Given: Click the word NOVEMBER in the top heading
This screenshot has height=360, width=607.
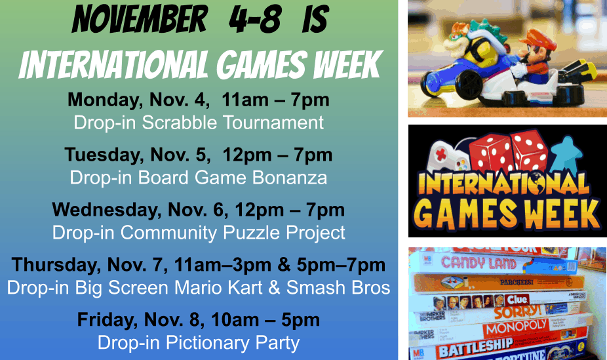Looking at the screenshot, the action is [140, 19].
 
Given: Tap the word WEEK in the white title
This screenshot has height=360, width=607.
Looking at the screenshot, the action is [347, 64].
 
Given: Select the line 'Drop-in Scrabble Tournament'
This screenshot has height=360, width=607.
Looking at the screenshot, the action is [199, 123].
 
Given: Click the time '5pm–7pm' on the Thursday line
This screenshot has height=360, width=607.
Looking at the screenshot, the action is [341, 265].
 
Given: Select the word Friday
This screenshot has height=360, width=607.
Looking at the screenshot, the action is [108, 320].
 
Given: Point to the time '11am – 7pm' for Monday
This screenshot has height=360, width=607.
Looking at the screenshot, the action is [275, 100].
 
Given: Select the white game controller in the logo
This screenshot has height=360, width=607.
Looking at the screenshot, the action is [447, 157].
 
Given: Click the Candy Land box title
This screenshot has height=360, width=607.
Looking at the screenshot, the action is [479, 263].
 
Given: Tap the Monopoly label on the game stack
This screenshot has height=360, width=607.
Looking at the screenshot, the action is [516, 327].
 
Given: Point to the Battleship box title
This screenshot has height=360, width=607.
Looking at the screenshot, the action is [476, 346].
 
